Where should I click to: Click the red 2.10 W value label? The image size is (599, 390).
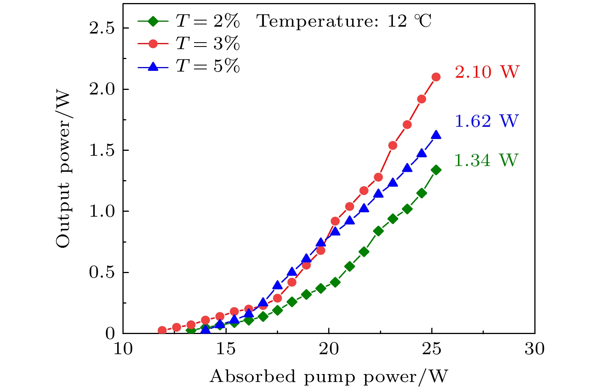(487, 72)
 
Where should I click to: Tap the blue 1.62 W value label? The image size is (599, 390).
(486, 121)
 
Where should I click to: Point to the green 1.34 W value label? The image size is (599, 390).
(486, 160)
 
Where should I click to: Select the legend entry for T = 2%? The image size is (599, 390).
(189, 21)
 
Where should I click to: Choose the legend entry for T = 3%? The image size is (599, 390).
(189, 44)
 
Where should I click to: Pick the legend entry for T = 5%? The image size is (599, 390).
(189, 67)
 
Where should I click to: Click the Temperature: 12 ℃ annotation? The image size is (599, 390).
(344, 21)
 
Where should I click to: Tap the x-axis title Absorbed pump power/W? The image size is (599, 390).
(329, 377)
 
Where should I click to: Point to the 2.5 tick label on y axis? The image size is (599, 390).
(102, 29)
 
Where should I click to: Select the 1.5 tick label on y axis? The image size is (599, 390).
(102, 150)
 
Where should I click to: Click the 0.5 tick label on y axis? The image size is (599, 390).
(102, 273)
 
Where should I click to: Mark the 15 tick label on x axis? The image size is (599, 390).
(226, 348)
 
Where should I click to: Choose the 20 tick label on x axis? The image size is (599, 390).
(329, 348)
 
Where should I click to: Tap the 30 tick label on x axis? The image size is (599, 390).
(534, 348)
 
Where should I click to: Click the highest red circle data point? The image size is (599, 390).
(436, 77)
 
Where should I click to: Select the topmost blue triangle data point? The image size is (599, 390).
(436, 135)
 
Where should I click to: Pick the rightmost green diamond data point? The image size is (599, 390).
(436, 170)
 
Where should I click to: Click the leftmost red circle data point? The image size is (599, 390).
(162, 330)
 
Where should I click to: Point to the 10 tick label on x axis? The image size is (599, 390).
(123, 348)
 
